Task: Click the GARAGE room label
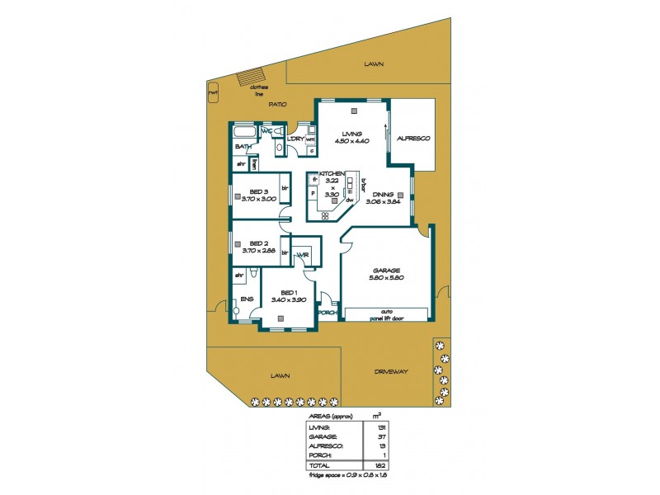(385, 271)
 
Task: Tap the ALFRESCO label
(413, 138)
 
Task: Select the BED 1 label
(288, 293)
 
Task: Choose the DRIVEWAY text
(391, 372)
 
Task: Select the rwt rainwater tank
(213, 92)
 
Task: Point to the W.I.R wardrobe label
(303, 255)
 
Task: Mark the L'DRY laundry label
(295, 139)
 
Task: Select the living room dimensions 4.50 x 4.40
(351, 141)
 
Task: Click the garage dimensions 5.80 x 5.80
(385, 279)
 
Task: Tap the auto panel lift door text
(386, 314)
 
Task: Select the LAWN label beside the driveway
(280, 375)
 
